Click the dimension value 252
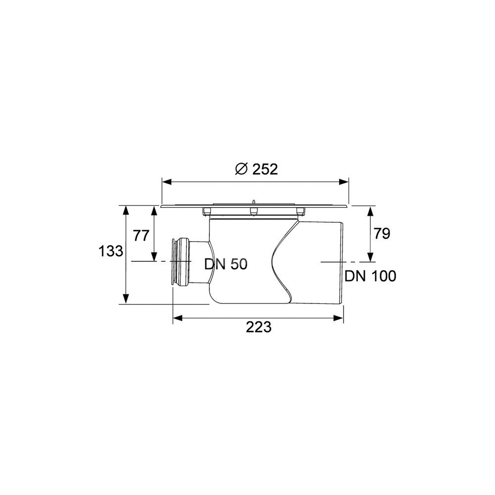[265, 169]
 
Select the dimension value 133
[110, 251]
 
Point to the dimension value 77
[141, 236]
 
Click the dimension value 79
[382, 234]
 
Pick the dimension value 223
[258, 327]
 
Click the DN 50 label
[226, 264]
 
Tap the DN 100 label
[370, 276]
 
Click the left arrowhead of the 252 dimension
[166, 182]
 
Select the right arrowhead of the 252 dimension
[344, 182]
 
